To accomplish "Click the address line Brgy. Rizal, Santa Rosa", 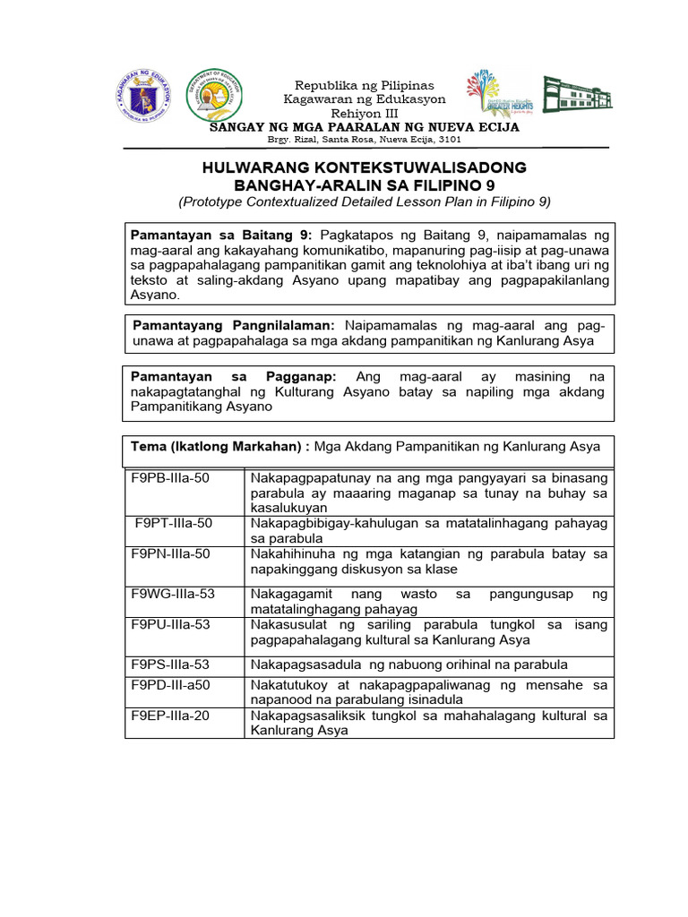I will (x=364, y=141).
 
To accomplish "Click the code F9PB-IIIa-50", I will (x=171, y=478).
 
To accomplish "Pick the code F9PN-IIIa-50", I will (x=171, y=554).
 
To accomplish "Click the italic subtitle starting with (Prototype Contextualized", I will (x=365, y=201).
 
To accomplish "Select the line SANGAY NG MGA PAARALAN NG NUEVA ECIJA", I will (x=364, y=127).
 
